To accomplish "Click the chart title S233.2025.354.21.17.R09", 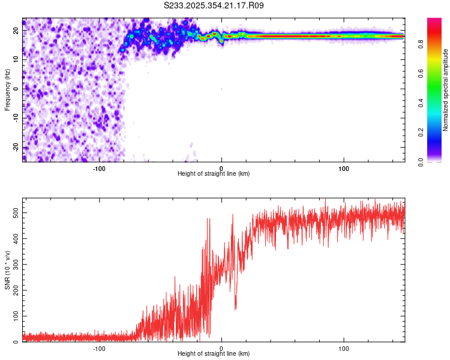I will coord(214,5).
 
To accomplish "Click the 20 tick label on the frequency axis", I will coord(16,30).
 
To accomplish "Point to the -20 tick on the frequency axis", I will coord(15,148).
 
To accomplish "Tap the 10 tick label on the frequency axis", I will coord(16,59).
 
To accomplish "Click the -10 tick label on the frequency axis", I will coord(15,118).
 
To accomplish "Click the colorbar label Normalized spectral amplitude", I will coord(446,89).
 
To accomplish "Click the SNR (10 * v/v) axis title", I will coord(7,269).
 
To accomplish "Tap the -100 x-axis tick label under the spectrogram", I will coord(99,169).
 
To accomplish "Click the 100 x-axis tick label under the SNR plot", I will coord(344,349).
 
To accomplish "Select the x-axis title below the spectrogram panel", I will coord(214,174).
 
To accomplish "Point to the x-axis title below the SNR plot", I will coord(214,355).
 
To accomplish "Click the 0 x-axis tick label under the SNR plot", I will coord(221,349).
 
